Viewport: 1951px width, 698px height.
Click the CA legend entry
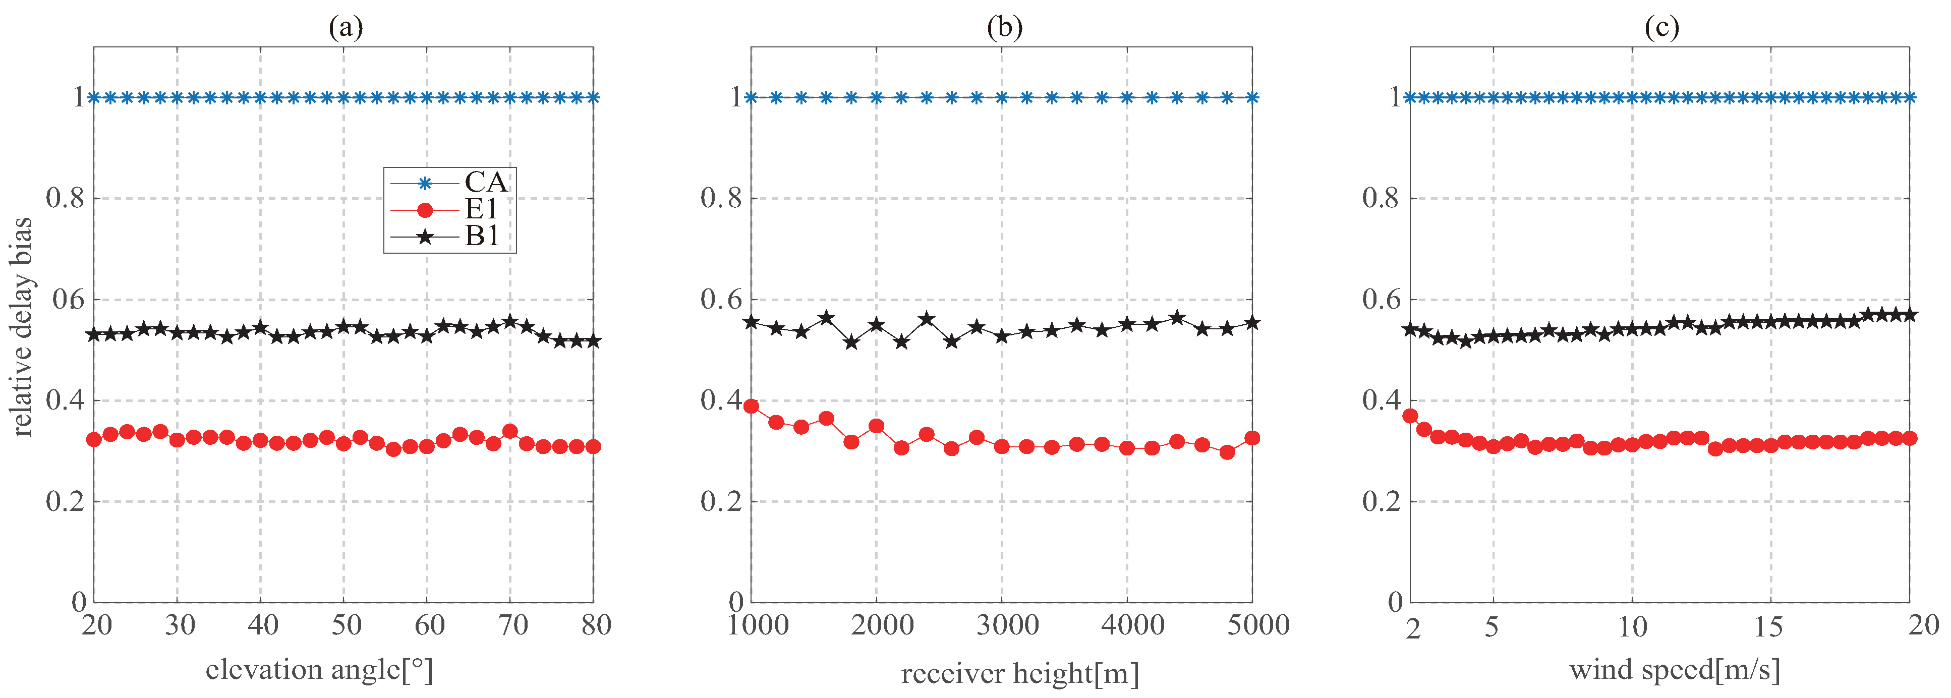pyautogui.click(x=485, y=183)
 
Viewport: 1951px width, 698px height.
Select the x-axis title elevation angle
pyautogui.click(x=319, y=669)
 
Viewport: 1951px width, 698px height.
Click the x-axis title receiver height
pyautogui.click(x=1019, y=672)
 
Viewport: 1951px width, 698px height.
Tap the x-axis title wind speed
pyautogui.click(x=1675, y=669)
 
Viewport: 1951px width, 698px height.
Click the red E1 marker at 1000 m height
pyautogui.click(x=752, y=406)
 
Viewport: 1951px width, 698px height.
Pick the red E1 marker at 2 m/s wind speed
pyautogui.click(x=1410, y=416)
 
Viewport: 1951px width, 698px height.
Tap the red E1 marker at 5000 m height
pyautogui.click(x=1252, y=438)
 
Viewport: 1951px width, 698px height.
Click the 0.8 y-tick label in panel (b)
pyautogui.click(x=720, y=198)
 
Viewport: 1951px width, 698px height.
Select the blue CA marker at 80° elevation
pyautogui.click(x=593, y=98)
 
